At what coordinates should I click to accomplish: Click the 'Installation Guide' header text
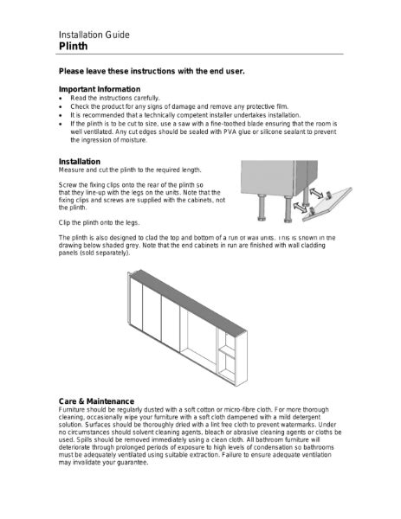pyautogui.click(x=94, y=35)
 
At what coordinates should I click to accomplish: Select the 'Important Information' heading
pyautogui.click(x=99, y=89)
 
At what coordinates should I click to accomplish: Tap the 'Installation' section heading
pyautogui.click(x=80, y=162)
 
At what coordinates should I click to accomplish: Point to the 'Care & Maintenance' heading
pyautogui.click(x=95, y=401)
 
